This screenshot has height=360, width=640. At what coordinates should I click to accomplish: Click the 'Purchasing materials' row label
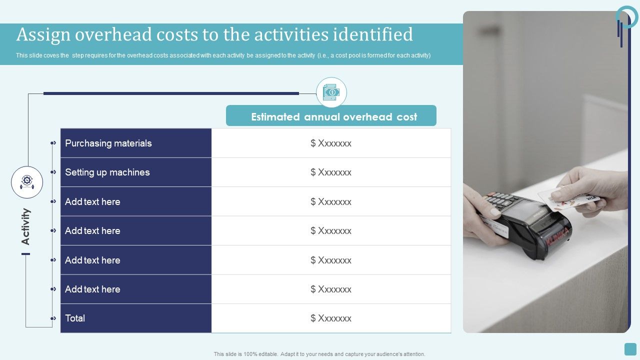click(108, 143)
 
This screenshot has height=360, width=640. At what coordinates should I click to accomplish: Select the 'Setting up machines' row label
click(107, 172)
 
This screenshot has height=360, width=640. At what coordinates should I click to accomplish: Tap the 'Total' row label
click(75, 318)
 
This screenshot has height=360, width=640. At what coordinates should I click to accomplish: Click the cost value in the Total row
click(330, 318)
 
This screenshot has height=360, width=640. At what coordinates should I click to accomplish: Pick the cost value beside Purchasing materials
click(330, 143)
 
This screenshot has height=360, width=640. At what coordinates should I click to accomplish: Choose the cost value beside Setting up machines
click(330, 172)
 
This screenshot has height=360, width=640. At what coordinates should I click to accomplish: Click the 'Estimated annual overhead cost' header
click(333, 116)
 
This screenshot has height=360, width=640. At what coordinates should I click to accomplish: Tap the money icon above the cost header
click(331, 92)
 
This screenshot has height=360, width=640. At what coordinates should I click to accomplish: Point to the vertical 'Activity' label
click(25, 226)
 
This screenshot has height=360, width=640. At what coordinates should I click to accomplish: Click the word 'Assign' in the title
click(43, 34)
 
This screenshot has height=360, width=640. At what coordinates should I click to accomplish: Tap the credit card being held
click(570, 199)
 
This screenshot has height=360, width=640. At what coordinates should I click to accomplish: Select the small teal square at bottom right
click(630, 349)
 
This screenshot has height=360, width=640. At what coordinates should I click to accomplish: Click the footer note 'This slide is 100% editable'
click(319, 354)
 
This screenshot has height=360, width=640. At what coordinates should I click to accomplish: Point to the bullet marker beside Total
click(53, 318)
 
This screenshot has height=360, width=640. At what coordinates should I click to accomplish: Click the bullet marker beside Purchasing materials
click(53, 143)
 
